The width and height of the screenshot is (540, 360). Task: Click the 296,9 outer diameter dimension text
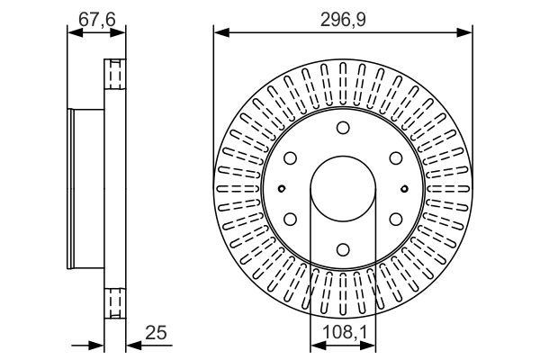click(x=343, y=17)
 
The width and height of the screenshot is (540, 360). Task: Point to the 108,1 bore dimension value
click(x=343, y=333)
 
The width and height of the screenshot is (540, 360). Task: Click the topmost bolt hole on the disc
click(x=343, y=127)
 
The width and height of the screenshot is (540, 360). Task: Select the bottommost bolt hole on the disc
click(x=343, y=249)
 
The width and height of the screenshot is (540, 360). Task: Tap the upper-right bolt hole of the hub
click(x=396, y=157)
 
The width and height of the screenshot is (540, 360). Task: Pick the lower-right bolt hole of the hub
click(x=396, y=219)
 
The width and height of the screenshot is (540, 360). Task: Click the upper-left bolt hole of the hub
click(x=290, y=157)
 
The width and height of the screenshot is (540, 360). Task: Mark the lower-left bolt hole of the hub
click(x=290, y=219)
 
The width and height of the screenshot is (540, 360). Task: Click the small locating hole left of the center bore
click(x=282, y=188)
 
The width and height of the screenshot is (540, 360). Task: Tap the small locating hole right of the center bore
click(x=404, y=188)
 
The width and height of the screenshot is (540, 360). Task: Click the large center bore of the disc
click(x=343, y=188)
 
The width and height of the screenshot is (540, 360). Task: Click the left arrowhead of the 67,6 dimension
click(x=73, y=33)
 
